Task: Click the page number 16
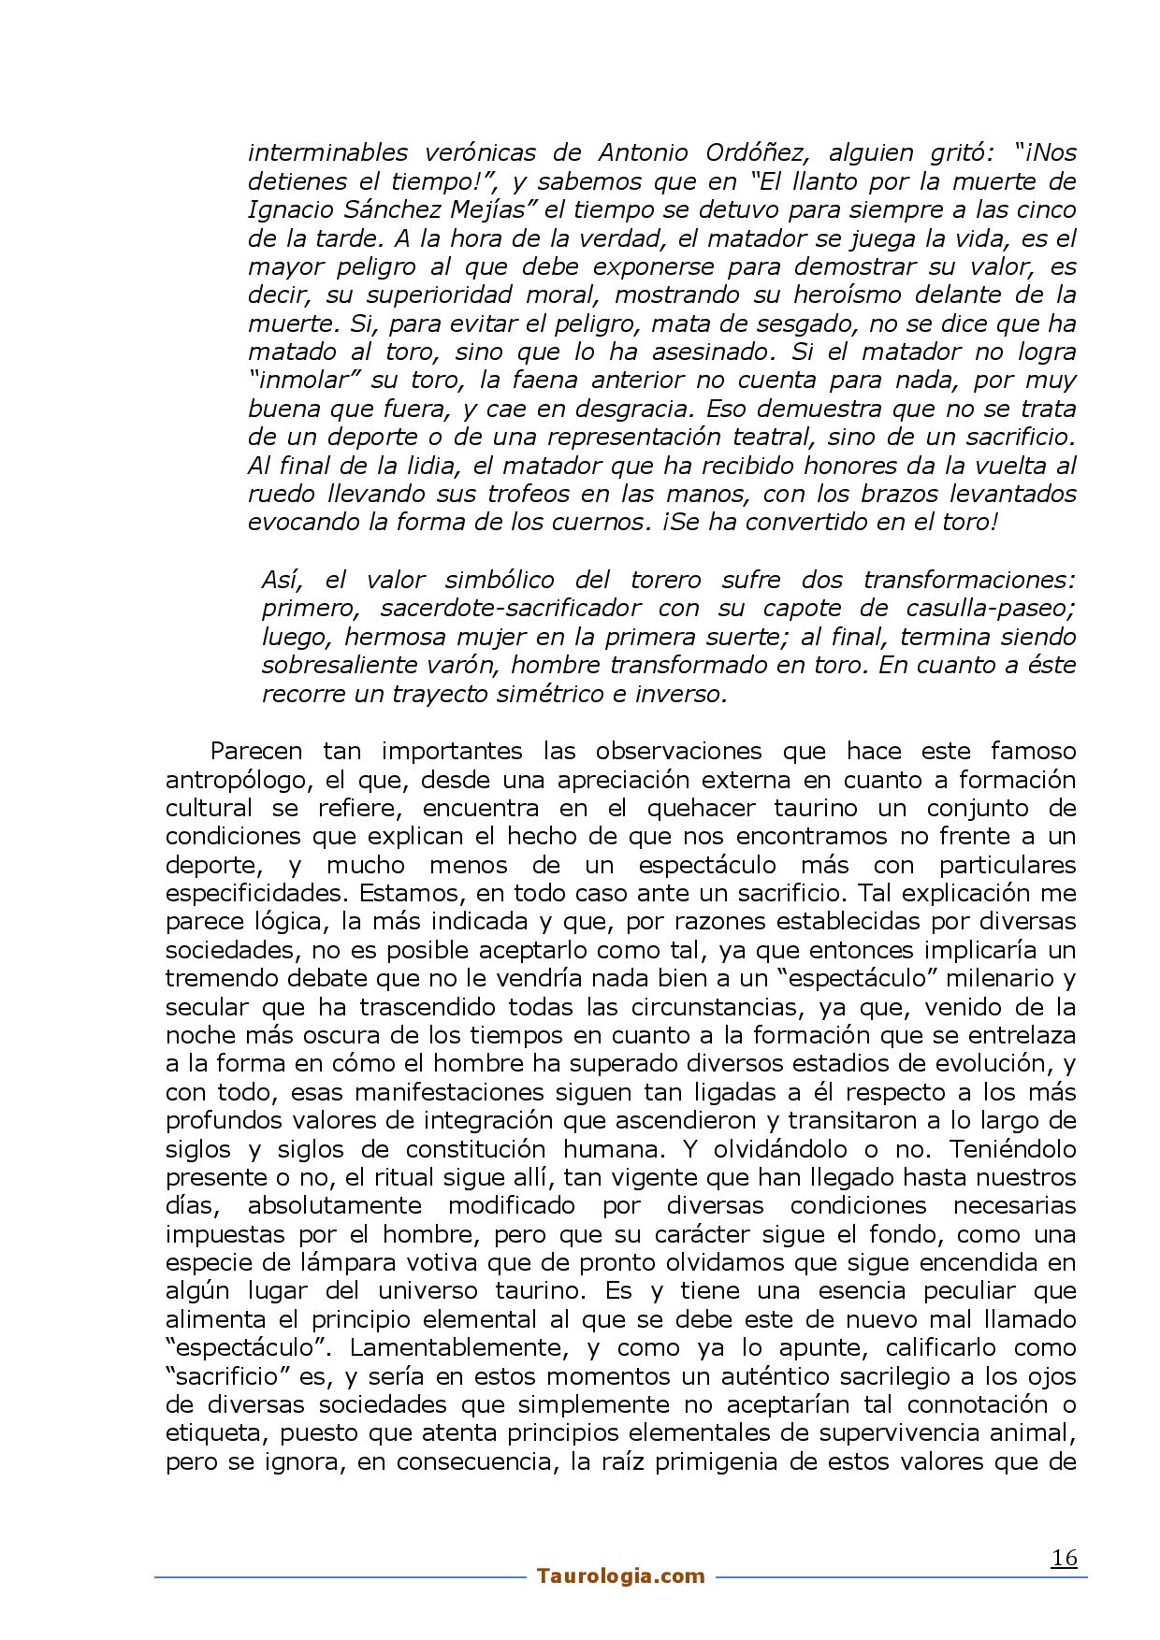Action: tap(1064, 1559)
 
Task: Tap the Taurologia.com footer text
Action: tap(620, 1576)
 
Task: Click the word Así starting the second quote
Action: tap(281, 580)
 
